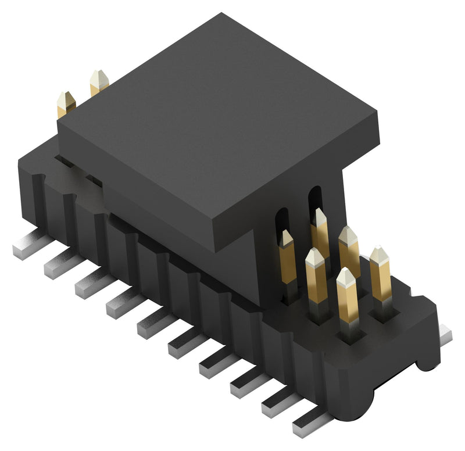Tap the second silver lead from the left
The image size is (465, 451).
pyautogui.click(x=58, y=266)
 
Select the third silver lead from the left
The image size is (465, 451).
pyautogui.click(x=88, y=285)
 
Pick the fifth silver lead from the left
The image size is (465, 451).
pyautogui.click(x=151, y=325)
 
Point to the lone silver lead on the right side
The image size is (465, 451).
pyautogui.click(x=445, y=334)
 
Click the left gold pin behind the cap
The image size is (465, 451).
pyautogui.click(x=66, y=104)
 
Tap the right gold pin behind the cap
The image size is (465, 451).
pyautogui.click(x=99, y=82)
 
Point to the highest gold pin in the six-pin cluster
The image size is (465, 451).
pyautogui.click(x=319, y=230)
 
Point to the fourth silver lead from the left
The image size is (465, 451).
pyautogui.click(x=120, y=305)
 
